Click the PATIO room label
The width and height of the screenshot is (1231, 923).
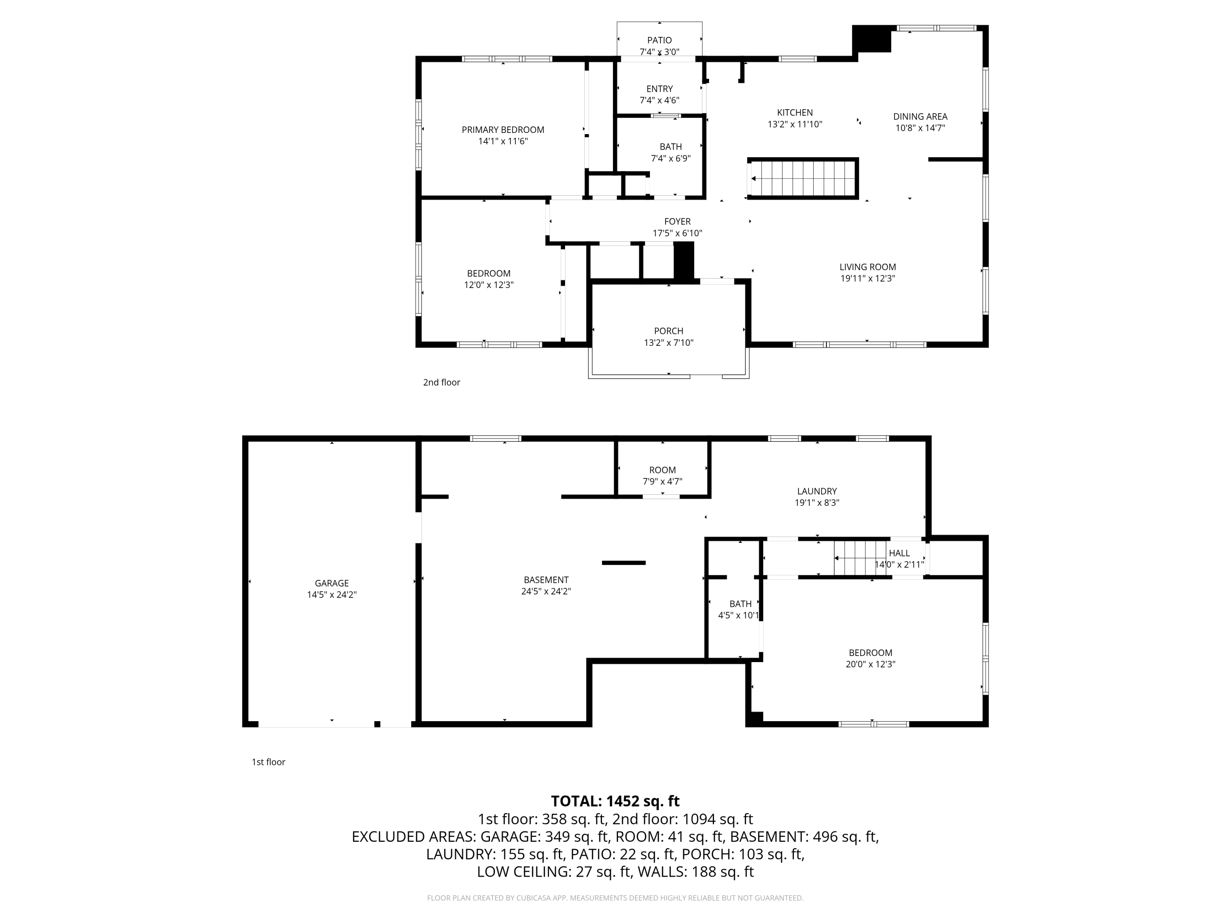pos(659,40)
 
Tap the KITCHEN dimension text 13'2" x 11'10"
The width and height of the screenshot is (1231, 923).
pos(795,125)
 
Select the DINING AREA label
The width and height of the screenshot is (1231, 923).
pos(920,116)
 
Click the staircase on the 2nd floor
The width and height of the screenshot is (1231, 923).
pos(803,178)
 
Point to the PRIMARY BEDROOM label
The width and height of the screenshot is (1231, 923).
pos(503,130)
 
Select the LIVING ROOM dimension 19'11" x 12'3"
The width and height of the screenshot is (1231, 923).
pos(867,279)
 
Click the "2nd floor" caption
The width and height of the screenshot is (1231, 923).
pos(441,382)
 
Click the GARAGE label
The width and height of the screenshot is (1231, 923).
pos(332,583)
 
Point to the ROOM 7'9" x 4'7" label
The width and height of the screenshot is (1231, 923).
pos(662,470)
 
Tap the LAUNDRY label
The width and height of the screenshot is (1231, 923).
pos(817,491)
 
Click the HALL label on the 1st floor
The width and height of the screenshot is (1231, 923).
pos(899,553)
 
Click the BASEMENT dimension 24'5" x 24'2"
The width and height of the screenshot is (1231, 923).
pos(545,592)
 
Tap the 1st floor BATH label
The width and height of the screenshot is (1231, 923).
pos(740,604)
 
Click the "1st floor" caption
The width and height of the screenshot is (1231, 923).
pos(268,762)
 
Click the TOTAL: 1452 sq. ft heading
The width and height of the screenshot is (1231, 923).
pos(615,801)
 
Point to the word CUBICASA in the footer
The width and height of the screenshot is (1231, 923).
pos(534,898)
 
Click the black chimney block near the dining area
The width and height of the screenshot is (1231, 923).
pos(872,39)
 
